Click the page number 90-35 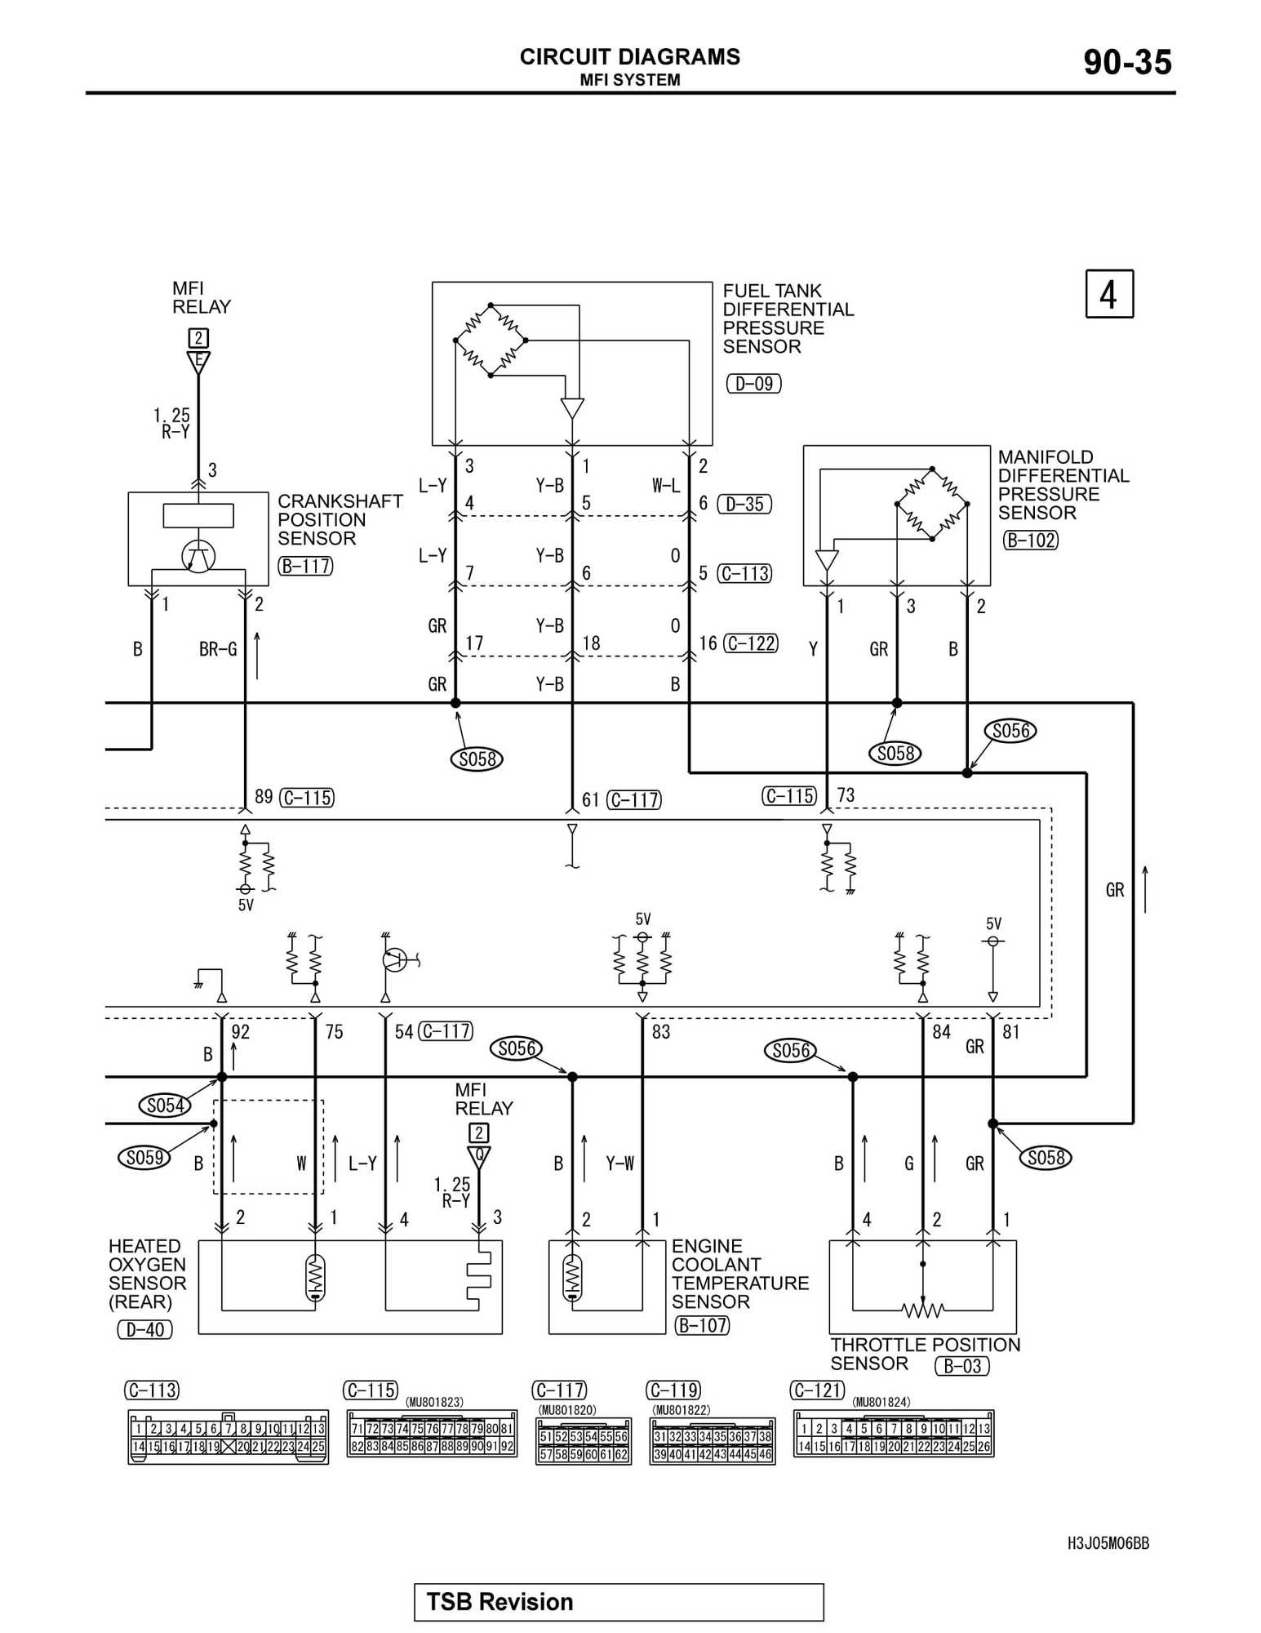tap(1127, 62)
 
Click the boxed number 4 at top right tap(1108, 294)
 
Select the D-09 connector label tap(753, 383)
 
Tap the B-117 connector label tap(305, 565)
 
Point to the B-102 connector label tap(1030, 540)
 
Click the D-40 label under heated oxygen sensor tap(144, 1329)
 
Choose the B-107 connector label tap(702, 1325)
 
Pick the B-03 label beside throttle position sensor tap(961, 1366)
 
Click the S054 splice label tap(165, 1106)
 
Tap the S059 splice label tap(144, 1157)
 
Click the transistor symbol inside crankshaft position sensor tap(198, 557)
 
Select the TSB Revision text tap(500, 1602)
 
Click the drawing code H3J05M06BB tap(1108, 1543)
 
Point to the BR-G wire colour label tap(218, 649)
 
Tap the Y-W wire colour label tap(619, 1163)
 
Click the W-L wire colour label tap(666, 486)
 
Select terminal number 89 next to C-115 tap(264, 796)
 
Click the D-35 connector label tap(744, 504)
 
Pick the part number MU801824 tap(881, 1402)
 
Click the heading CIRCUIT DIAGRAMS tap(629, 56)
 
